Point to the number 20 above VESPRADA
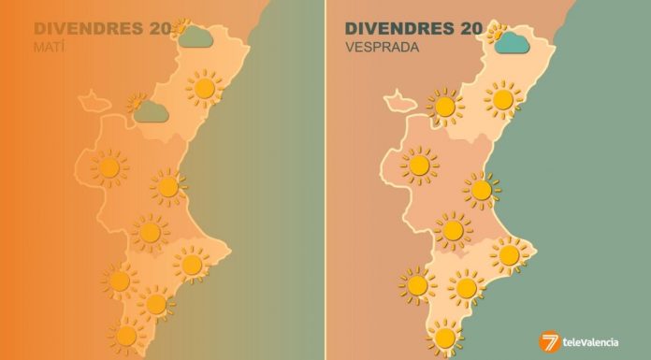pos(466,29)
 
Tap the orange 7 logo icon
pos(550,342)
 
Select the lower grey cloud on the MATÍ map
pos(150,112)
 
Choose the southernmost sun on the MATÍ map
pos(124,334)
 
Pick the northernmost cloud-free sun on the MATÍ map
pos(204,88)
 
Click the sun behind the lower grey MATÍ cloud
pos(138,99)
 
